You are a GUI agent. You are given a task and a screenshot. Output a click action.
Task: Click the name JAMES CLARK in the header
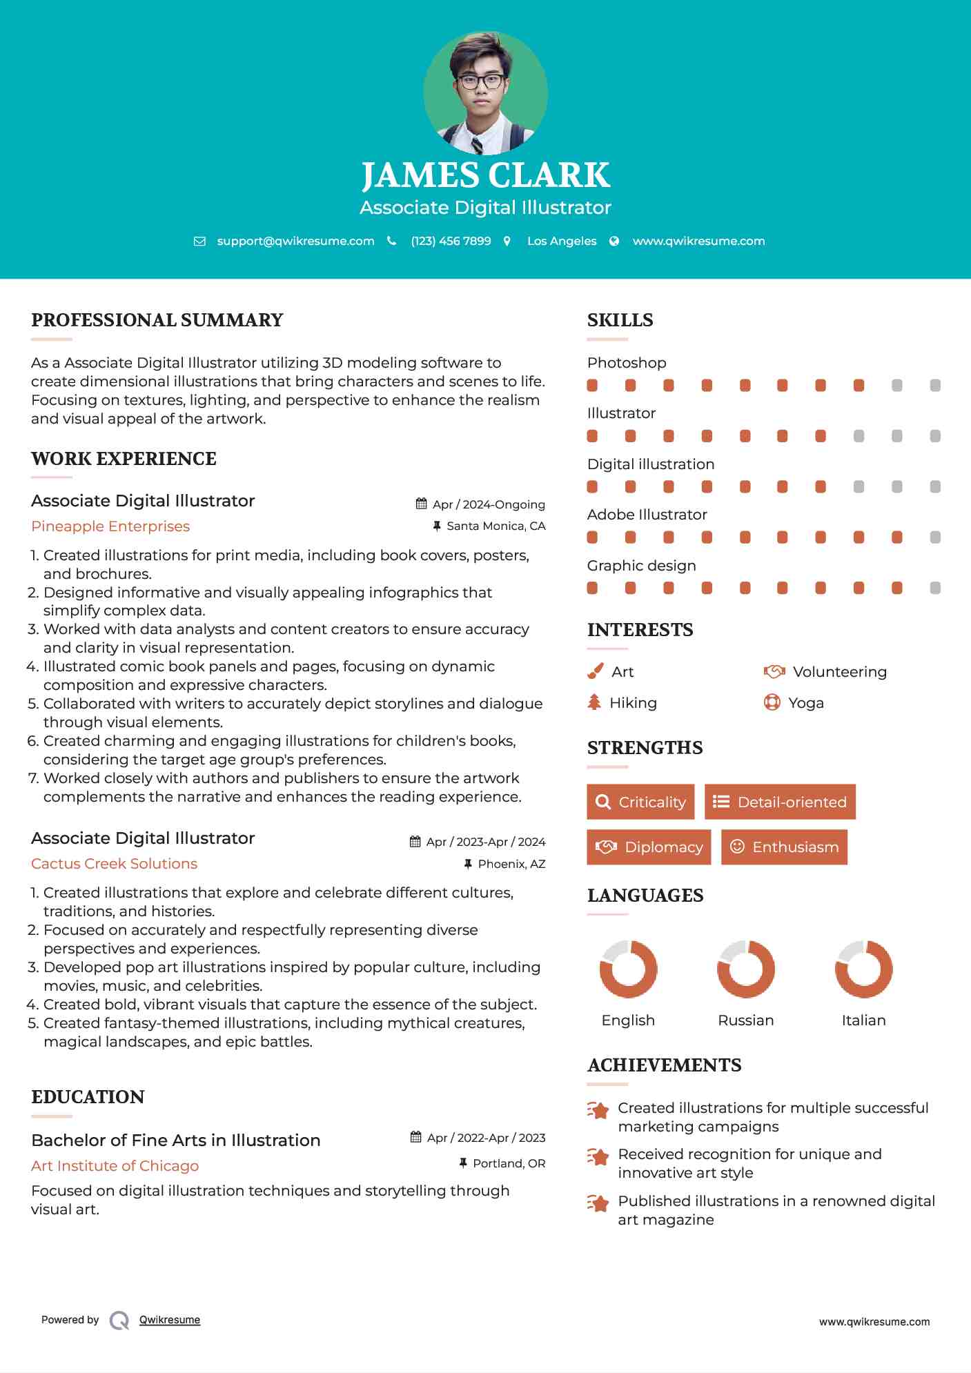click(486, 175)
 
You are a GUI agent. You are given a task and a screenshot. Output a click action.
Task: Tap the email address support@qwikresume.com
click(295, 241)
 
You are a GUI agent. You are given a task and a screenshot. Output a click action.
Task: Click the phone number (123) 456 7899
click(451, 241)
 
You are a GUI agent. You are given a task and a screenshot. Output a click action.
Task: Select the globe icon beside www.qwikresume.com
click(614, 241)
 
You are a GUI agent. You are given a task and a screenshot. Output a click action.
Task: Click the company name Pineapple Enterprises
click(110, 526)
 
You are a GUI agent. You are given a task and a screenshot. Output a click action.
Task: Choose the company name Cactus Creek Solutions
click(114, 864)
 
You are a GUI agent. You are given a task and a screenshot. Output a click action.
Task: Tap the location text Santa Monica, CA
click(496, 526)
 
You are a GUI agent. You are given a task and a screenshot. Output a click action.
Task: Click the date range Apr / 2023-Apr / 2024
click(485, 842)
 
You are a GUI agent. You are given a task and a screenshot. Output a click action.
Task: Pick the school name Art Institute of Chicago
click(115, 1166)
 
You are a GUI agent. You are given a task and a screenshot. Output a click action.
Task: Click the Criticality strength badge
click(640, 802)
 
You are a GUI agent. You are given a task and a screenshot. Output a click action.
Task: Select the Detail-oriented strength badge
click(780, 802)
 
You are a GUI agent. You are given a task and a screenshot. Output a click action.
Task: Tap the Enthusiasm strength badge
click(784, 847)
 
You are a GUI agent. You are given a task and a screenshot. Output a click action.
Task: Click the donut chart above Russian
click(746, 969)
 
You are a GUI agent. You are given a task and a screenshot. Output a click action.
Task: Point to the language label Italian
click(863, 1020)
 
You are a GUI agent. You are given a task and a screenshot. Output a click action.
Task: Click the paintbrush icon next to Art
click(595, 671)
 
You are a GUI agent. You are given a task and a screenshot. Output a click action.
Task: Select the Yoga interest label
click(806, 703)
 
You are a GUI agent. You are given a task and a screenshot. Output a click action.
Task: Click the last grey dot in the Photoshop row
click(935, 386)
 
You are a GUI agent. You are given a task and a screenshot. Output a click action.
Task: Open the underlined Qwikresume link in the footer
click(170, 1320)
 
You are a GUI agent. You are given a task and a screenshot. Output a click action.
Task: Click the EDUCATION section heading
click(88, 1097)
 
